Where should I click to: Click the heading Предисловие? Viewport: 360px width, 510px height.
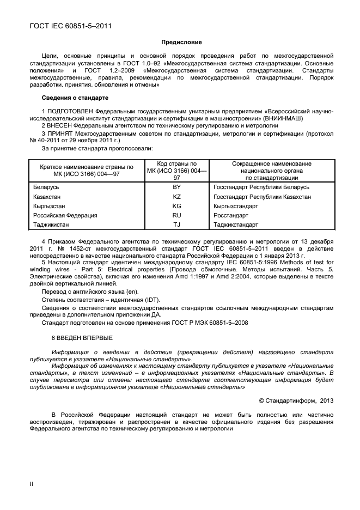tap(181, 42)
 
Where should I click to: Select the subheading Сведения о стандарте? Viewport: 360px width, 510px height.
tap(75, 98)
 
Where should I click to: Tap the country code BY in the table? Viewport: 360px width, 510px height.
tap(176, 187)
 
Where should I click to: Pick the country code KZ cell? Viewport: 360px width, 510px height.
tap(176, 197)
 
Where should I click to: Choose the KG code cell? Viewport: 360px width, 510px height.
tap(176, 206)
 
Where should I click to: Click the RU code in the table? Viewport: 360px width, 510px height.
tap(176, 215)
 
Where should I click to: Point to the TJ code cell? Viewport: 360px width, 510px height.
tap(176, 224)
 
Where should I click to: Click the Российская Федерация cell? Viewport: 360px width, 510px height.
tap(65, 215)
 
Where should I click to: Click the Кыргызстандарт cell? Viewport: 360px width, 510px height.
tap(236, 206)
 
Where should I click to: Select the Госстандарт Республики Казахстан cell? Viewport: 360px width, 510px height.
tap(262, 197)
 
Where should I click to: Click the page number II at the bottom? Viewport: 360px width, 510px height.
tap(31, 484)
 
